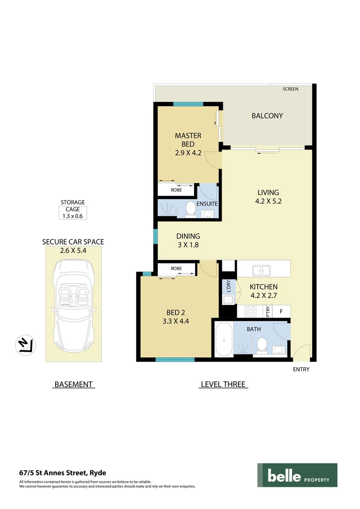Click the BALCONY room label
click(x=267, y=115)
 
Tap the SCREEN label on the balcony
click(x=290, y=89)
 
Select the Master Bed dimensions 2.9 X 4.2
click(x=188, y=153)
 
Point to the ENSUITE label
click(x=207, y=204)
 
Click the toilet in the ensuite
click(x=191, y=209)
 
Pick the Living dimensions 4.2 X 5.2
click(x=268, y=201)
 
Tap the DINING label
click(x=188, y=236)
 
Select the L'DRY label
click(x=228, y=287)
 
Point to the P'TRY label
click(x=267, y=312)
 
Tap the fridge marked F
click(x=281, y=311)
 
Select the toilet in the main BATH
click(x=263, y=346)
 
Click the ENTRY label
click(x=301, y=369)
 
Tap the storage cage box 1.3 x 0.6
click(x=73, y=216)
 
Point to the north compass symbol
click(x=24, y=345)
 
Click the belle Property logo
click(x=297, y=475)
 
